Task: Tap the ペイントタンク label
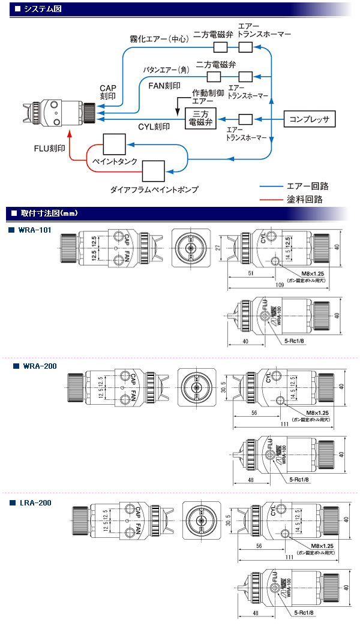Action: point(115,161)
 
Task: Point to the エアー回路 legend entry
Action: point(308,186)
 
